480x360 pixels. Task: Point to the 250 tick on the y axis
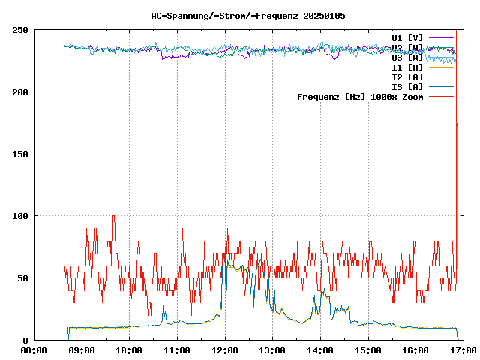coord(20,30)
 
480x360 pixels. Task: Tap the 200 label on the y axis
coord(20,92)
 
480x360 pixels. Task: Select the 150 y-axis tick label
coord(20,154)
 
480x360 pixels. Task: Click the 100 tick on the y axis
coord(20,216)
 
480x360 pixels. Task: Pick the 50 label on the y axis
coord(22,278)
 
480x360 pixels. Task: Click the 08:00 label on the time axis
coord(34,349)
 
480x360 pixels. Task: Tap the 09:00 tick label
coord(82,349)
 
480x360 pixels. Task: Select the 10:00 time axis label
coord(129,349)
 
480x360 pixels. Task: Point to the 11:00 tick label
coord(177,349)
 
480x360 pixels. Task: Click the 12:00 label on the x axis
coord(225,349)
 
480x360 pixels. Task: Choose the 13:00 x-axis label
coord(272,349)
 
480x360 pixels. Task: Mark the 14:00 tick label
coord(320,349)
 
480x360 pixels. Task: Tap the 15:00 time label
coord(368,349)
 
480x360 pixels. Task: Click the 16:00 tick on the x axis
coord(415,349)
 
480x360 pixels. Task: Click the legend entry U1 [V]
coord(407,37)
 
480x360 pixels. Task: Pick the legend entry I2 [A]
coord(407,76)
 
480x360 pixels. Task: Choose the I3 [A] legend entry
coord(407,86)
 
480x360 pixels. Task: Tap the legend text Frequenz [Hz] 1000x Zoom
coord(360,96)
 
